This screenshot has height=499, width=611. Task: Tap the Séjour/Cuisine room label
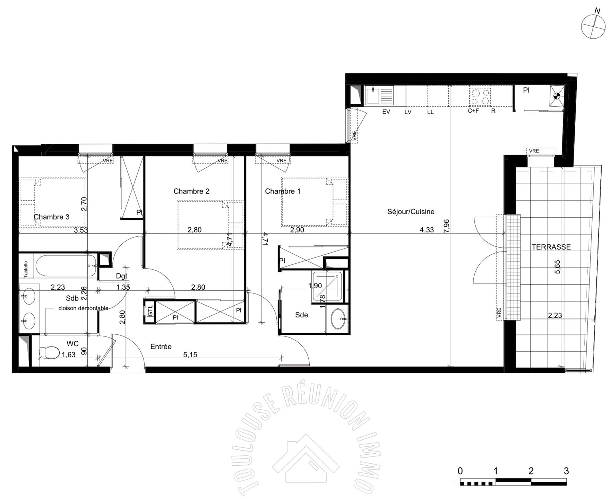pyautogui.click(x=411, y=212)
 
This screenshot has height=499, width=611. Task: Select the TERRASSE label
pyautogui.click(x=551, y=247)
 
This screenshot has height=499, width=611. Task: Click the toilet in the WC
pyautogui.click(x=49, y=352)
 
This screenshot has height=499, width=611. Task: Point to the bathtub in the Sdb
pyautogui.click(x=66, y=266)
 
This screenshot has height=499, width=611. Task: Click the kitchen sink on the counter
pyautogui.click(x=379, y=95)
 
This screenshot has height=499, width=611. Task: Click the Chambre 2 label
pyautogui.click(x=191, y=191)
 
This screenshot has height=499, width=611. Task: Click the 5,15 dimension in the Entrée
pyautogui.click(x=190, y=355)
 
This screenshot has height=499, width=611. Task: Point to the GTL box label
pyautogui.click(x=150, y=311)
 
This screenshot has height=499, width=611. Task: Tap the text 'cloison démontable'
pyautogui.click(x=83, y=308)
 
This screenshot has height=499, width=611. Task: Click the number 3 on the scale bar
pyautogui.click(x=566, y=471)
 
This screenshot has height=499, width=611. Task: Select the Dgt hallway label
pyautogui.click(x=122, y=276)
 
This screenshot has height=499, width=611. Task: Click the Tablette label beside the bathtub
pyautogui.click(x=26, y=269)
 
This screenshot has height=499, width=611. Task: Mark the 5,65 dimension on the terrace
pyautogui.click(x=557, y=267)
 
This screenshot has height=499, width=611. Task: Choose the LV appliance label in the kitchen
pyautogui.click(x=408, y=112)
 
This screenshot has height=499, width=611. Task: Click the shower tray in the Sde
pyautogui.click(x=327, y=286)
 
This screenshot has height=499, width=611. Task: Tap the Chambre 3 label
pyautogui.click(x=51, y=217)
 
